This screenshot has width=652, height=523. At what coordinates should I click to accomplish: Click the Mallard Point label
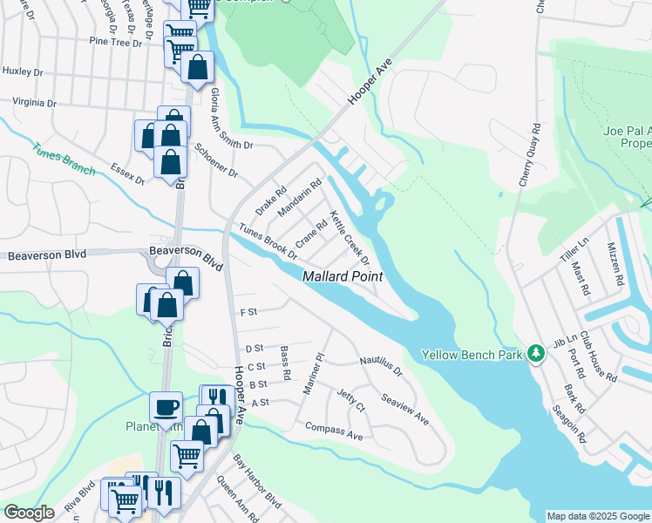coord(343,276)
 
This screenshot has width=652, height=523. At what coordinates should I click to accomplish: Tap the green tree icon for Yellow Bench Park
coord(538,354)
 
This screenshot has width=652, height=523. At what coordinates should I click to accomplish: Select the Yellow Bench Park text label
coord(472,355)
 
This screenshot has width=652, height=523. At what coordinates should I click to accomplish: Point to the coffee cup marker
coord(166,407)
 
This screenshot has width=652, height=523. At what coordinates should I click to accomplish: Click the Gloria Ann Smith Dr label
coord(230,127)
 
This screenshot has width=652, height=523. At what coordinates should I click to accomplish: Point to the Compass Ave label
coord(333,430)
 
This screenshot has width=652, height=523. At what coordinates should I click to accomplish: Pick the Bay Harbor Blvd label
coord(258,490)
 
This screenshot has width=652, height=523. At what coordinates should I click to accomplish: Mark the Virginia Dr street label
coord(35,102)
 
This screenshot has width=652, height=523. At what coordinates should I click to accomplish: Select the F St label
coord(248,311)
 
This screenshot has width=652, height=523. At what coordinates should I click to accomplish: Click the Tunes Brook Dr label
coord(268,242)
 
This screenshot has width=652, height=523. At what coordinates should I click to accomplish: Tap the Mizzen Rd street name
coord(615,265)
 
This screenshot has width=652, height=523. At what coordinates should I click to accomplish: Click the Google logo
coord(29,513)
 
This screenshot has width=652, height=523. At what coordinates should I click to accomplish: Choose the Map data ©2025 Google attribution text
coord(597,516)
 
